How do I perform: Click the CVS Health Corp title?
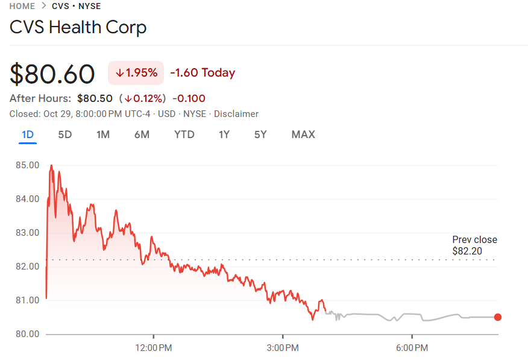point(78,27)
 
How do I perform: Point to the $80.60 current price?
point(52,74)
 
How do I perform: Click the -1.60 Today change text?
point(203,73)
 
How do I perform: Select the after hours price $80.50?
point(95,98)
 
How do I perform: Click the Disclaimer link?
point(236,114)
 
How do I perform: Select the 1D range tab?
point(27,134)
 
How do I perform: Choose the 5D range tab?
point(64,134)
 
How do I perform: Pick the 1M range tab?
point(103,134)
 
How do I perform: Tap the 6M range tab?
point(142,134)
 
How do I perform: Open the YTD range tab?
point(184,134)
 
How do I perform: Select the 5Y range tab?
point(260,134)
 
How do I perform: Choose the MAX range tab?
point(303,134)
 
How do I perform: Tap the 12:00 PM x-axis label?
point(153,348)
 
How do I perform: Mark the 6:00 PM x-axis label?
point(412,348)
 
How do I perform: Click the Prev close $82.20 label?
point(474,245)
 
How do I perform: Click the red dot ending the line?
point(498,317)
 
